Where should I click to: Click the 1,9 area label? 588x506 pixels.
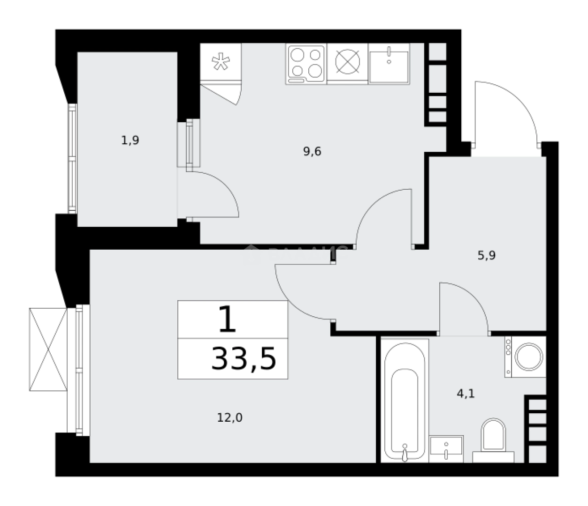[x=130, y=140]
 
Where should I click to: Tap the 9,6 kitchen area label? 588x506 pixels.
[x=312, y=151]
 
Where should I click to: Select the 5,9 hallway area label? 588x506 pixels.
[x=487, y=255]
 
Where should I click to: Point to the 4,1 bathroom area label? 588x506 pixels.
[x=466, y=394]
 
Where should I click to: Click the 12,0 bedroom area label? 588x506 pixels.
[x=229, y=417]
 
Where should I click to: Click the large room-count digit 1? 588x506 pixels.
[x=228, y=320]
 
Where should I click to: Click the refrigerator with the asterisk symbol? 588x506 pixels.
[x=220, y=63]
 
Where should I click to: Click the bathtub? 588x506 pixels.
[x=405, y=401]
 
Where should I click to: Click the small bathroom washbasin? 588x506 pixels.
[x=446, y=448]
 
